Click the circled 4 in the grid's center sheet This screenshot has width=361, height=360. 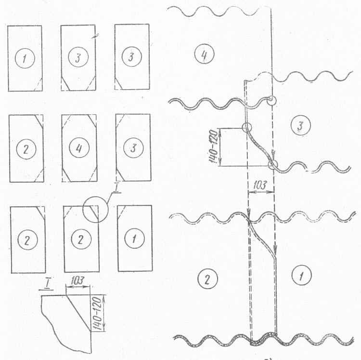pyautogui.click(x=79, y=148)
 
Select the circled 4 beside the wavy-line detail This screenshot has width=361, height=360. pyautogui.click(x=204, y=53)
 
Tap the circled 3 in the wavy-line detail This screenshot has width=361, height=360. pyautogui.click(x=300, y=125)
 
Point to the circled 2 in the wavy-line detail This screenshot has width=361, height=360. pyautogui.click(x=207, y=279)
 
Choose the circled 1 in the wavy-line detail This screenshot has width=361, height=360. pyautogui.click(x=301, y=275)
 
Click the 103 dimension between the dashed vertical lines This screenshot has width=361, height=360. pyautogui.click(x=260, y=185)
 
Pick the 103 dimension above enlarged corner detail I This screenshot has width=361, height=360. pyautogui.click(x=77, y=280)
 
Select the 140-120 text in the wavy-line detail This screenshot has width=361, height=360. pyautogui.click(x=214, y=147)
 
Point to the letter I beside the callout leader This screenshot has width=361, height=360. pyautogui.click(x=116, y=188)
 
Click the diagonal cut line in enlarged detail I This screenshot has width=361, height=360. pyautogui.click(x=78, y=313)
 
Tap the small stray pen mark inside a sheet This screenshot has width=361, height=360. pyautogui.click(x=95, y=36)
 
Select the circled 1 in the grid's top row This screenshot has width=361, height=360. pyautogui.click(x=25, y=58)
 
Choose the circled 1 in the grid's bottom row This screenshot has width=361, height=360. pyautogui.click(x=134, y=238)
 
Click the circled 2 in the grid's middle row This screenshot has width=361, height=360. pyautogui.click(x=26, y=149)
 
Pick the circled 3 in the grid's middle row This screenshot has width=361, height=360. pyautogui.click(x=133, y=148)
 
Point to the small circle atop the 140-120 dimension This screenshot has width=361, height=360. pyautogui.click(x=246, y=127)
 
